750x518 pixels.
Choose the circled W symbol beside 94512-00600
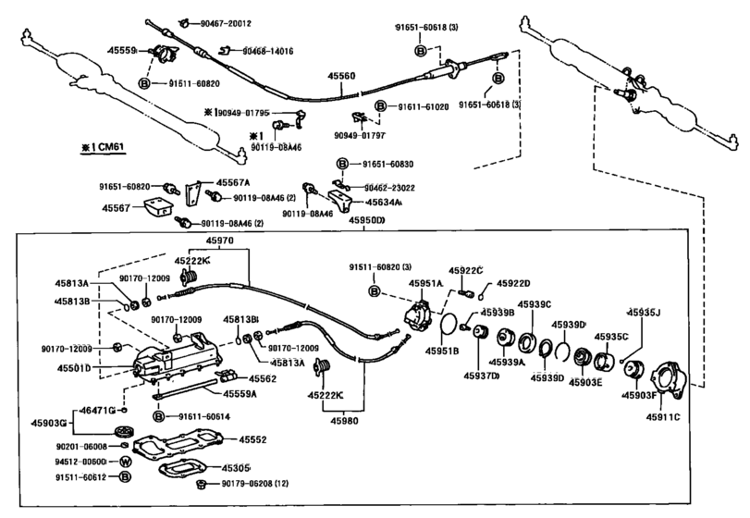point(126,461)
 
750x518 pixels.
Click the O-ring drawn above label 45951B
point(447,325)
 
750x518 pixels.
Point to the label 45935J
point(645,313)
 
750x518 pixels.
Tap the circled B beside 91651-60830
point(341,164)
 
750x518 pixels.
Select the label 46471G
point(96,408)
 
